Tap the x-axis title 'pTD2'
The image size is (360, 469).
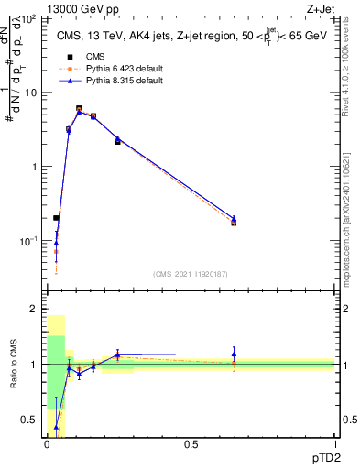click(x=320, y=456)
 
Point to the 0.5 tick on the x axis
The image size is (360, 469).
click(x=191, y=444)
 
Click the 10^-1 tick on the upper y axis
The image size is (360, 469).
click(x=27, y=241)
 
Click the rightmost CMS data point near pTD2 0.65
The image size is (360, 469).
click(x=234, y=223)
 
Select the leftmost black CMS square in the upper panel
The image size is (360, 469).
click(x=56, y=218)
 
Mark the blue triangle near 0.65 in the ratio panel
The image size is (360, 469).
click(x=234, y=354)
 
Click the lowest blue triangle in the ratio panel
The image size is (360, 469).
click(x=56, y=427)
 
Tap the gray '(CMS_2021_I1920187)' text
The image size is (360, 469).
click(x=191, y=273)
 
